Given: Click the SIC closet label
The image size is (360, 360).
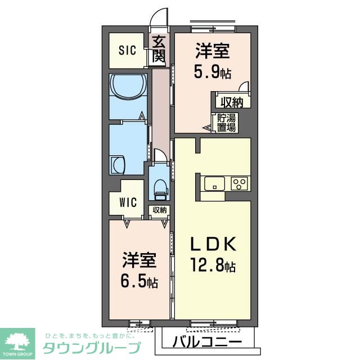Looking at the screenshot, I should click(x=127, y=51).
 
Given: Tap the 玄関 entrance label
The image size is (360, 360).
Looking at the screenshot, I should click(x=159, y=49).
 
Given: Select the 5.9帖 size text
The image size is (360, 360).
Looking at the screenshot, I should click(x=213, y=73).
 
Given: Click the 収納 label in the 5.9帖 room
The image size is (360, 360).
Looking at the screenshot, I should click(x=231, y=102).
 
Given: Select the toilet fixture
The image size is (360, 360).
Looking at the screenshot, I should click(x=160, y=188).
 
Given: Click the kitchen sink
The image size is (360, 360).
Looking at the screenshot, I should click(x=214, y=184).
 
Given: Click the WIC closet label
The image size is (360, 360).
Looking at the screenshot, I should click(x=128, y=203).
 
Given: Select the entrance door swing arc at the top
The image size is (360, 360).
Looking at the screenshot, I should click(x=160, y=16).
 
